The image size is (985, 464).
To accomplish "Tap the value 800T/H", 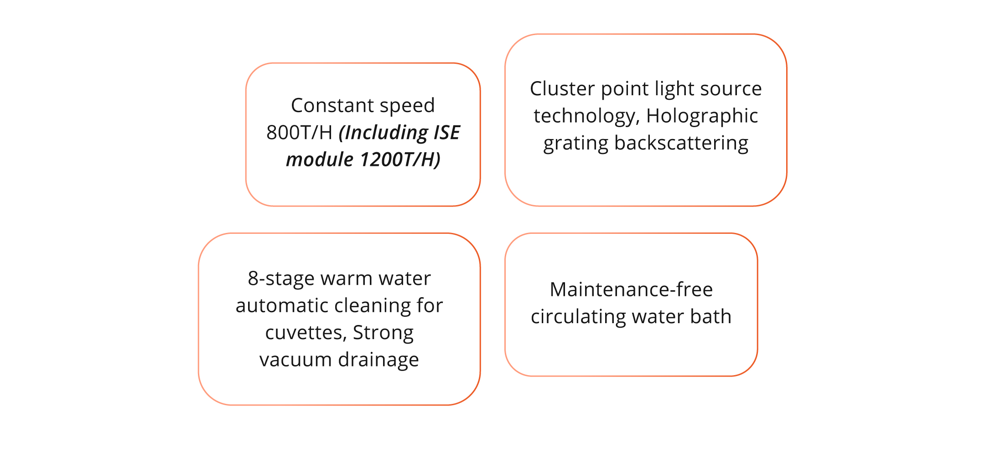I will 299,133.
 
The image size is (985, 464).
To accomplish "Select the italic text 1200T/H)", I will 400,160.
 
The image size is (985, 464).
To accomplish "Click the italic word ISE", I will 446,133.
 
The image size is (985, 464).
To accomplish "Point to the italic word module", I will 319,160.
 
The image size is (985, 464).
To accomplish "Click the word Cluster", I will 562,88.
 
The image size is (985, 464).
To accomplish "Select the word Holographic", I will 702,116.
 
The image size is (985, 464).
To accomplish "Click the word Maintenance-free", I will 631,289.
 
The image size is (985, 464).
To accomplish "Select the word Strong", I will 383,333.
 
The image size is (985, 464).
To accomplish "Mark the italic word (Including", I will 383,133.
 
